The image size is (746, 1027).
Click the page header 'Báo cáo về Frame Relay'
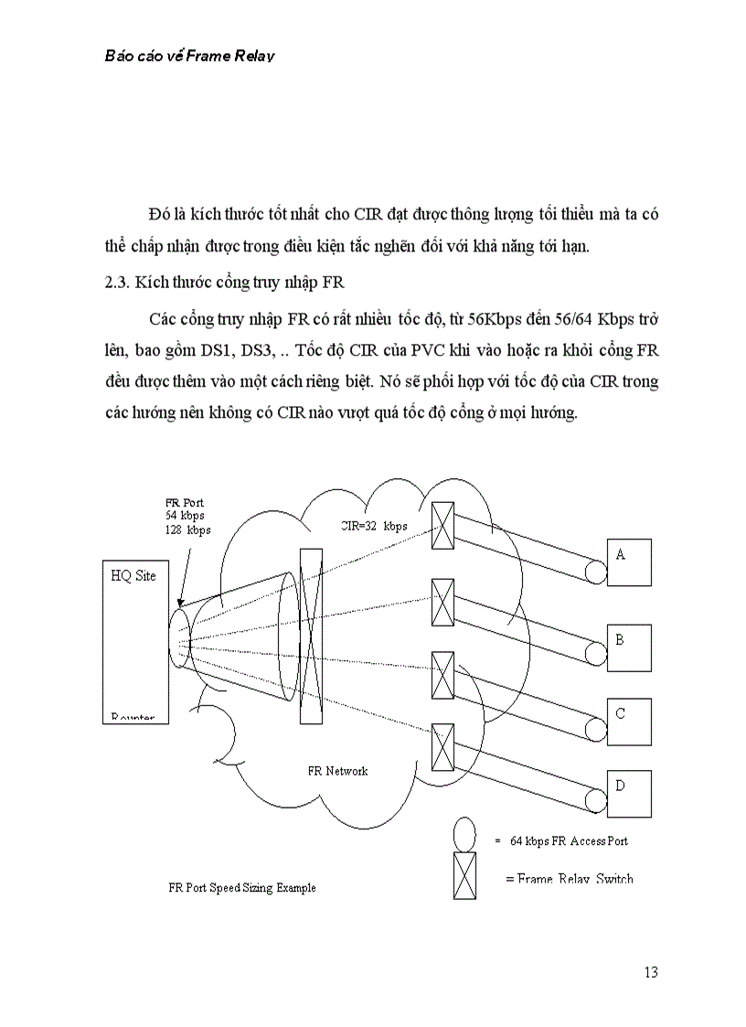click(190, 55)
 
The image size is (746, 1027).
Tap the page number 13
click(650, 972)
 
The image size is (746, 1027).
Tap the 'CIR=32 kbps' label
click(373, 527)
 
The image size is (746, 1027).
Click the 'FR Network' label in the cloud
click(337, 771)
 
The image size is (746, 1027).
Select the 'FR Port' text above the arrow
click(185, 502)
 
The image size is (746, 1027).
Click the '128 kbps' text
click(188, 530)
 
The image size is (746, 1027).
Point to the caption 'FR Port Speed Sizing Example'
click(242, 888)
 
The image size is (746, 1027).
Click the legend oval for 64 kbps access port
click(465, 833)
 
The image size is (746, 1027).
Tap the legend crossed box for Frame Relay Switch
click(464, 875)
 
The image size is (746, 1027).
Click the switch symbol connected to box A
click(442, 526)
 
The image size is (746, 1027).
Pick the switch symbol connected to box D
click(442, 746)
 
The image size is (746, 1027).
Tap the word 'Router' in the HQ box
click(133, 718)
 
